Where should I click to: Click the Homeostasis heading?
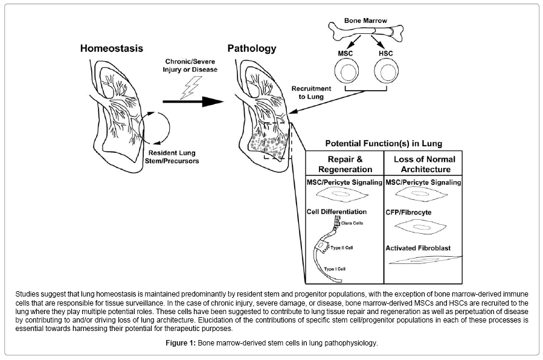112,48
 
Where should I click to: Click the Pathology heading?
252,48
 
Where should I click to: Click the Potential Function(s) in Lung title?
383,144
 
